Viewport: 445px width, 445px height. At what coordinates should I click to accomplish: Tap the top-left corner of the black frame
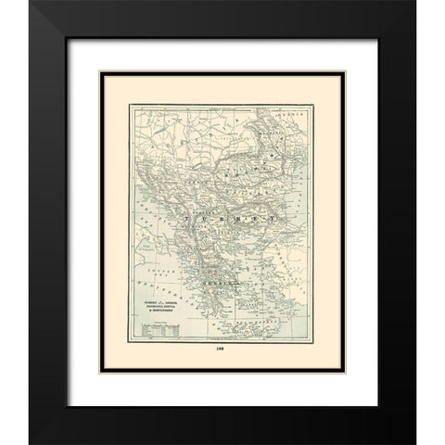point(31,4)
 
